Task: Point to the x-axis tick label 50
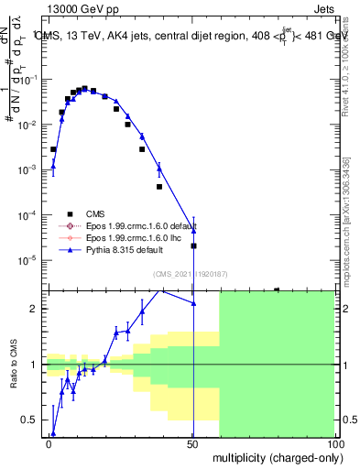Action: pos(192,443)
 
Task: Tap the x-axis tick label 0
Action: pos(49,443)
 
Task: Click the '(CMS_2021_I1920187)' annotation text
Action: pos(190,274)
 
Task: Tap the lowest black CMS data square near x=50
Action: pos(193,245)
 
